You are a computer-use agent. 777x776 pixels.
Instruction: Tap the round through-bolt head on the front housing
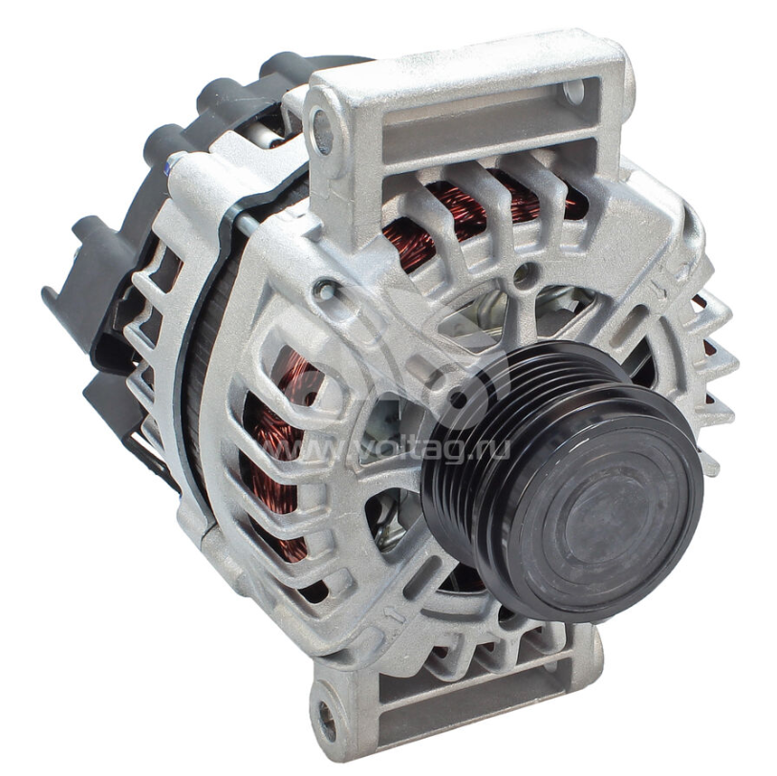[325, 290]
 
